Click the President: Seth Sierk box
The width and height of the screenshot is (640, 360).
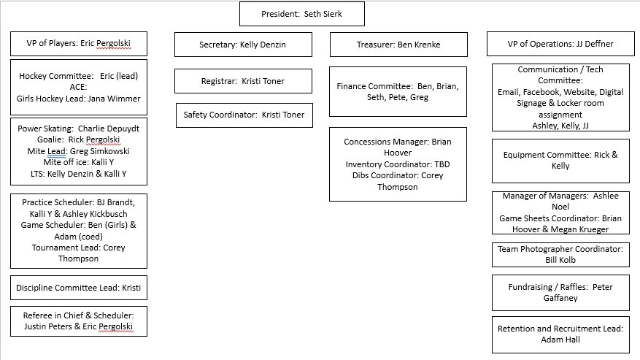coord(301,14)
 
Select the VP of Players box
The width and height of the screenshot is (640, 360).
coord(79,44)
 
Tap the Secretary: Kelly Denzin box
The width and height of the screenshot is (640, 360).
coord(243,45)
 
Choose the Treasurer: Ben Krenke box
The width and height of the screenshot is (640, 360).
coord(398,45)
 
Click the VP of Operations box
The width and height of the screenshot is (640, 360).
coord(560,44)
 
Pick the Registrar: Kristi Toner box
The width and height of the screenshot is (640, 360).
coord(243,81)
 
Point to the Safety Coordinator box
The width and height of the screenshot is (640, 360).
coord(244,115)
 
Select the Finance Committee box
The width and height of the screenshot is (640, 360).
coord(398,91)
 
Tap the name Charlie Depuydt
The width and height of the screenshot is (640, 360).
coord(109,129)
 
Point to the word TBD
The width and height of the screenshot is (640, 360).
coord(442,164)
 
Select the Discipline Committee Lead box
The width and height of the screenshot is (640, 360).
coord(79,288)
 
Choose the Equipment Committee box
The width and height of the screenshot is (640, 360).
coord(560,161)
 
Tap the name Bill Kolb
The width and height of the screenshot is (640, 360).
coord(560,260)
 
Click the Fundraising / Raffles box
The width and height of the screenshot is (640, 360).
coord(560,293)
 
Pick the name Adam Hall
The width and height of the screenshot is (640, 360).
coord(560,340)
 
